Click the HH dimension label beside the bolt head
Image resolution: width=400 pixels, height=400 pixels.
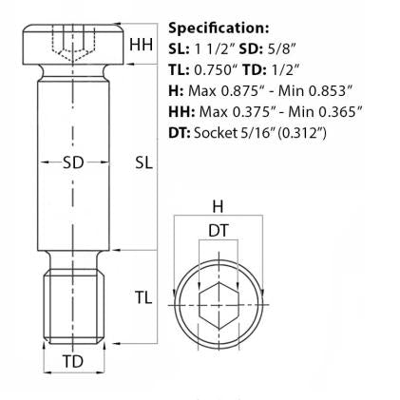pyautogui.click(x=142, y=44)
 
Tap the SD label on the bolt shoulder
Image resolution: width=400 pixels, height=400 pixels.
pyautogui.click(x=72, y=162)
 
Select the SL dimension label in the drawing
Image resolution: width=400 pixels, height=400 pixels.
pyautogui.click(x=142, y=162)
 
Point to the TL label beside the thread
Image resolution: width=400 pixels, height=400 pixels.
pyautogui.click(x=142, y=297)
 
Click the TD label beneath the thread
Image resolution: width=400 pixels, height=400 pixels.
pyautogui.click(x=72, y=362)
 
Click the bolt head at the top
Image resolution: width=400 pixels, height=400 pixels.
pyautogui.click(x=72, y=44)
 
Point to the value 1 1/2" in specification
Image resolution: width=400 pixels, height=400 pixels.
pyautogui.click(x=212, y=49)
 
